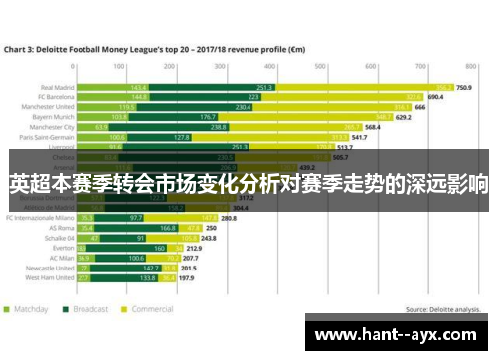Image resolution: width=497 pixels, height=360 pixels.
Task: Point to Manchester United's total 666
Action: point(420,106)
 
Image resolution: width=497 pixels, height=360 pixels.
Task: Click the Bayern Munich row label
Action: point(56,117)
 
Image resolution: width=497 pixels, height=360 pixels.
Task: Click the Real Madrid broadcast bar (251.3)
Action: point(264,87)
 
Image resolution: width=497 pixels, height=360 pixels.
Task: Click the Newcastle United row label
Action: point(50,268)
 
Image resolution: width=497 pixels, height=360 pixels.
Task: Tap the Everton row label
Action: point(63,248)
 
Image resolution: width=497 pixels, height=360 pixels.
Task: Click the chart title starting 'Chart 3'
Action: point(149,48)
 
